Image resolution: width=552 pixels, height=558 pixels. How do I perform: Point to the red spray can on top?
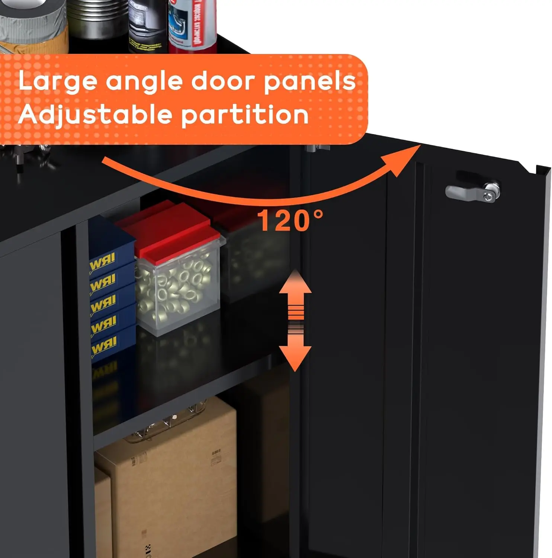[192, 24]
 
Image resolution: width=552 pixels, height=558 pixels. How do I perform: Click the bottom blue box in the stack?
[108, 344]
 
